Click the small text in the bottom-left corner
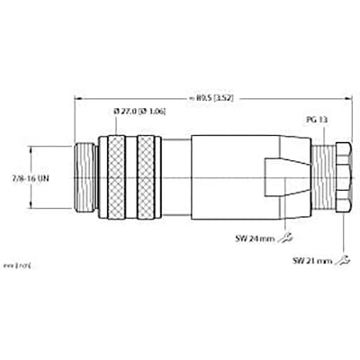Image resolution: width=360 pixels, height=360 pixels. [x=20, y=268]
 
